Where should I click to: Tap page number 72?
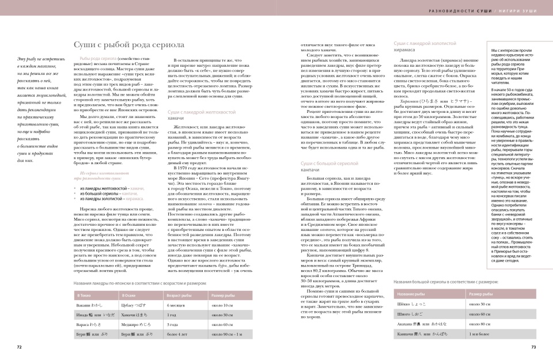point(19,347)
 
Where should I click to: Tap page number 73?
point(533,347)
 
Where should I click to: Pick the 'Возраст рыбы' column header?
point(179,294)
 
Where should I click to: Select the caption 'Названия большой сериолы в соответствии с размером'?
point(446,282)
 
